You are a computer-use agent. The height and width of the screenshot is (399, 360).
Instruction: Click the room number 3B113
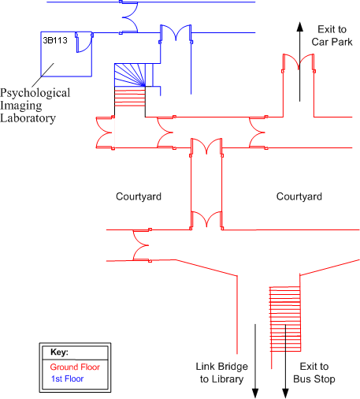pos(55,40)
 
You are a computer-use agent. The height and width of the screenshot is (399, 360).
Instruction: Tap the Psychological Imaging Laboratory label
pos(35,105)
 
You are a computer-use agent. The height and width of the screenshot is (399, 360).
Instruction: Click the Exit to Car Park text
pos(332,35)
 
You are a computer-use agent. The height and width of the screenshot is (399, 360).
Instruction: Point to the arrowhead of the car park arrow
pos(300,27)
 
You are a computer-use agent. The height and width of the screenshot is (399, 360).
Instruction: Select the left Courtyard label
pos(139,196)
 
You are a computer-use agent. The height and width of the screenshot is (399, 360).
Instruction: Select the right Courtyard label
pos(299,196)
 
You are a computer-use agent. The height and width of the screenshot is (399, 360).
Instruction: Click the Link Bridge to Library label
pos(222,373)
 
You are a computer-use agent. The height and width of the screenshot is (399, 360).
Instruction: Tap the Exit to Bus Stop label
pos(314,373)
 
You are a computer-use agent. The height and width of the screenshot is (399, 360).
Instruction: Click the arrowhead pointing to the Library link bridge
pos(255,393)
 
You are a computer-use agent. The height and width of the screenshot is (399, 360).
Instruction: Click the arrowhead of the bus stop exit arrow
pos(285,393)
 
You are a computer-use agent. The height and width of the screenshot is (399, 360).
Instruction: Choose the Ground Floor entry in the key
pos(75,367)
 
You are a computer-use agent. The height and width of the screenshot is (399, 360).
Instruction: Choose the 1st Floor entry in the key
pos(68,378)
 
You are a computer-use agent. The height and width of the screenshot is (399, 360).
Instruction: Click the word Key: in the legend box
pos(59,352)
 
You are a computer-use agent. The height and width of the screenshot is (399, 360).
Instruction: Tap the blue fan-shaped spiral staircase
pos(130,75)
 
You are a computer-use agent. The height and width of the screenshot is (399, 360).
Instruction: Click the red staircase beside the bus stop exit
pos(285,319)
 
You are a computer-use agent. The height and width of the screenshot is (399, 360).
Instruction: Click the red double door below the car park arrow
pos(299,62)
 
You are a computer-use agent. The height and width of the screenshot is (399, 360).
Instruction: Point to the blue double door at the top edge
pos(129,17)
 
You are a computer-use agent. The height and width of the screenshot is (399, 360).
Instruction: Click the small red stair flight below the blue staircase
pos(130,97)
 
